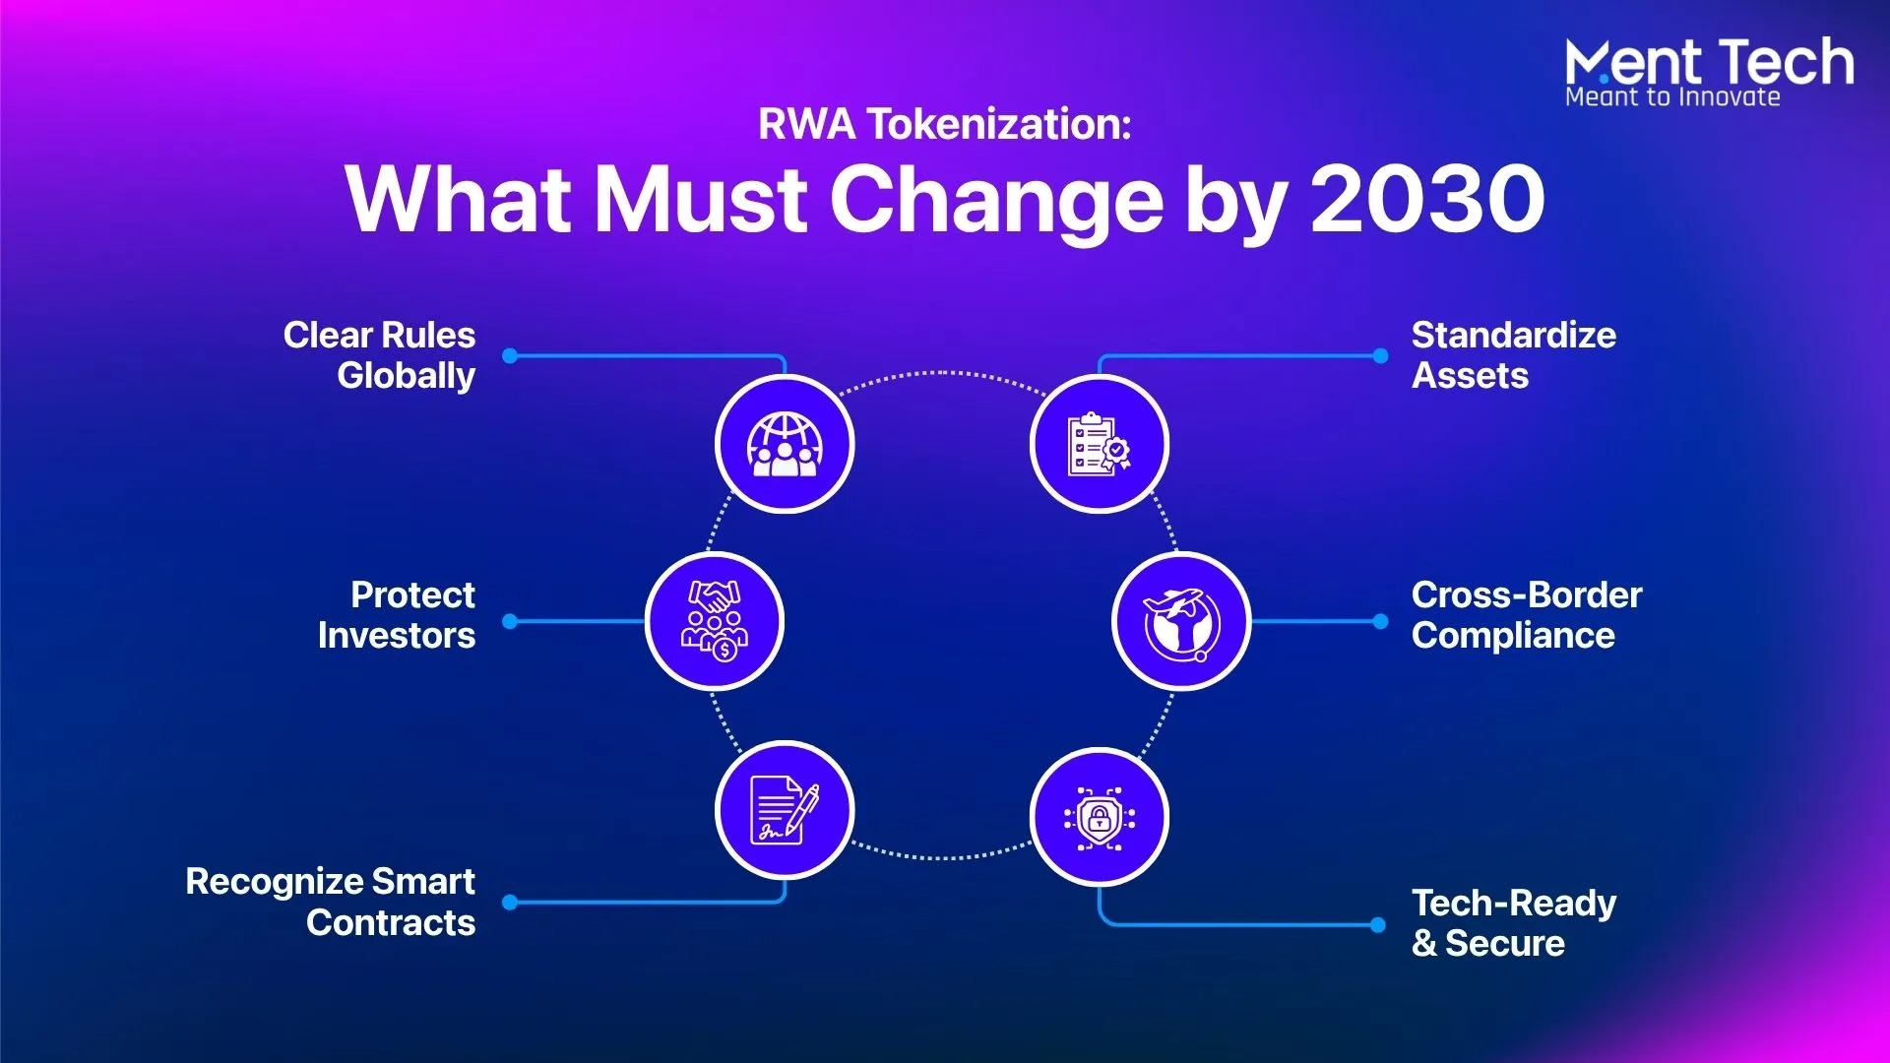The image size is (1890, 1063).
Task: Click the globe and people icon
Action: [x=785, y=444]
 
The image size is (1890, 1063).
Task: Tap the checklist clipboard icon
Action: [x=1099, y=444]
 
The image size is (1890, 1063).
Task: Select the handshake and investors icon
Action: [x=715, y=621]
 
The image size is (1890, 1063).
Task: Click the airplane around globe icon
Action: [x=1181, y=622]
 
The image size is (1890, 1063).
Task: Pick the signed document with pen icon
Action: [x=785, y=811]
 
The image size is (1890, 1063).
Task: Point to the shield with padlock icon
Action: [x=1100, y=818]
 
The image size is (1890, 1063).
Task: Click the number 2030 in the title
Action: [x=1427, y=199]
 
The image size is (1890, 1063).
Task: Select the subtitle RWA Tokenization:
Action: [x=945, y=124]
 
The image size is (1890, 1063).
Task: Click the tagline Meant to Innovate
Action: [x=1672, y=96]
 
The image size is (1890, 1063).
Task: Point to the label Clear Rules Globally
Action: [x=379, y=355]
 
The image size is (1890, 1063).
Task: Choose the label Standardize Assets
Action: [x=1513, y=355]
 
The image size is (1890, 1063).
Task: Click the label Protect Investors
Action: [x=397, y=615]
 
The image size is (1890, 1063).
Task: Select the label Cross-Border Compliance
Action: [x=1527, y=615]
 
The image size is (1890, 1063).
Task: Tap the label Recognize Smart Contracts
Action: [x=331, y=902]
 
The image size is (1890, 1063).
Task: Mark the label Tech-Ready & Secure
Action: [x=1514, y=923]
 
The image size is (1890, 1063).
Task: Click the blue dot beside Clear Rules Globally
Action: [x=510, y=355]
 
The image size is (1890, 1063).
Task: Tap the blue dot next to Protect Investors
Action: [x=510, y=621]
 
